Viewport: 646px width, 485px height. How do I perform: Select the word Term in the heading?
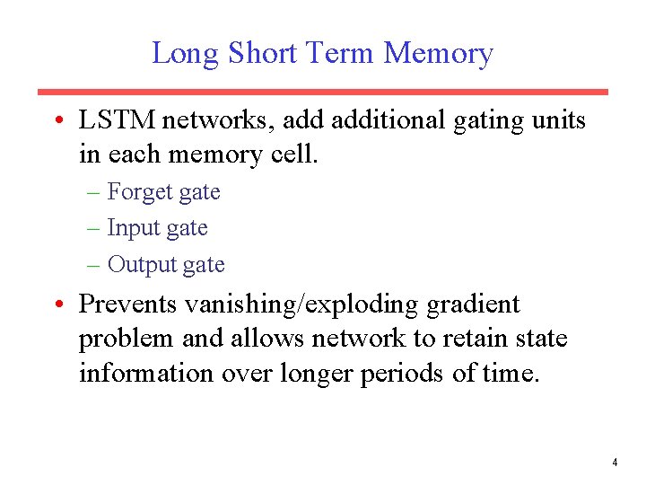tap(342, 54)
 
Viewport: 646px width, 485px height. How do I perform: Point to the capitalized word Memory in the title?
tap(439, 54)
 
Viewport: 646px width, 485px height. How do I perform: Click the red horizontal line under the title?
tap(322, 92)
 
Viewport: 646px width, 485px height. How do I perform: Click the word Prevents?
tap(128, 304)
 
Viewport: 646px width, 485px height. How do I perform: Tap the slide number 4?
tap(615, 463)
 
